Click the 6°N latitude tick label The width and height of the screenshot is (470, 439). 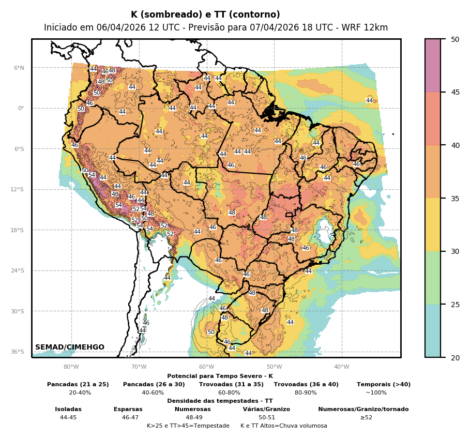tap(19, 68)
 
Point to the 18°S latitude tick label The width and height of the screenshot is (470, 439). tap(18, 230)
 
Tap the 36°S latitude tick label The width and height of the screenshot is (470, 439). tap(18, 352)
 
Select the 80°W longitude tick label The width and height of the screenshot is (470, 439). tap(71, 367)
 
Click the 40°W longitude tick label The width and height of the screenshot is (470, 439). tap(342, 367)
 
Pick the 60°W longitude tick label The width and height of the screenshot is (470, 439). tap(206, 367)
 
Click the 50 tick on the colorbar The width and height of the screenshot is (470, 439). tap(455, 39)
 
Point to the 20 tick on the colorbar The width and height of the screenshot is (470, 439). tap(455, 357)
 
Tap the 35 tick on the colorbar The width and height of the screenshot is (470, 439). tap(455, 198)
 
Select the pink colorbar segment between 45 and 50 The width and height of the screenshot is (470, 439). tap(433, 66)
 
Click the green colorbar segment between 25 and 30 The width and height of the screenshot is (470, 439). tap(433, 278)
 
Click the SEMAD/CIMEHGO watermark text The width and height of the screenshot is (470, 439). tap(70, 347)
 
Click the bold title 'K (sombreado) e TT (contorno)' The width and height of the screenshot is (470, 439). tap(205, 15)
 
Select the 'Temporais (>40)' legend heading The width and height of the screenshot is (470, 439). tap(384, 384)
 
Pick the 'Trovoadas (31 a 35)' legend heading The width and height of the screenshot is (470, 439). tap(231, 384)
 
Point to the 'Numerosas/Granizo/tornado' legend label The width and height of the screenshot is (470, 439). tap(363, 409)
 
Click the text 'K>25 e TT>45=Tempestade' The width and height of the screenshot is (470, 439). tap(188, 426)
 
